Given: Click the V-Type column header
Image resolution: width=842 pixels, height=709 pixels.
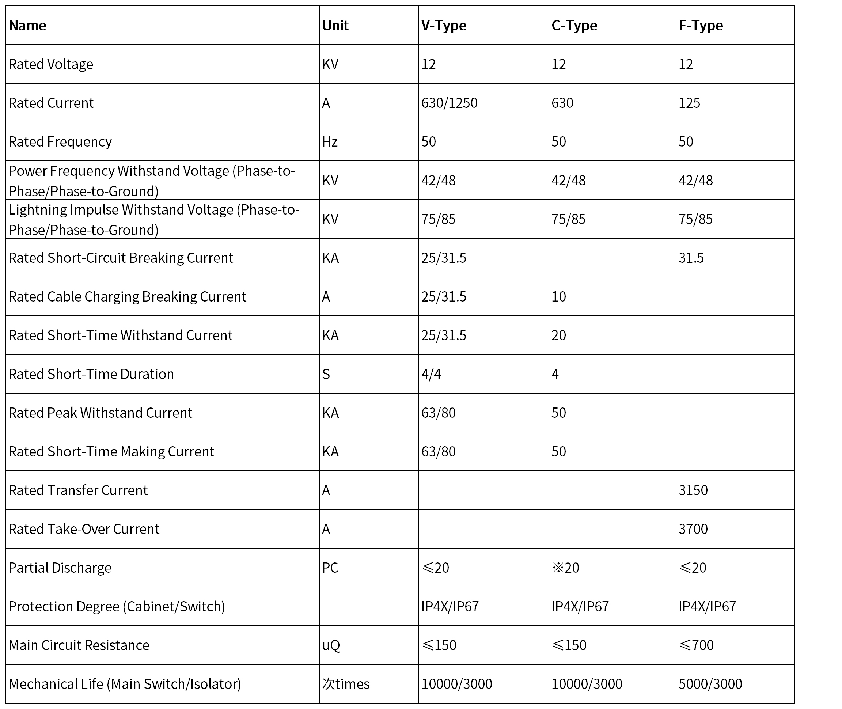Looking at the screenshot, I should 444,25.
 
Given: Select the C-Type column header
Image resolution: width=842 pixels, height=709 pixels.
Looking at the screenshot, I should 574,25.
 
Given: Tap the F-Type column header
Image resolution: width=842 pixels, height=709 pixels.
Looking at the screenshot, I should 701,25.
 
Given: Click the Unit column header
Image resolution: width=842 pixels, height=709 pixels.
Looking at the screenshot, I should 335,25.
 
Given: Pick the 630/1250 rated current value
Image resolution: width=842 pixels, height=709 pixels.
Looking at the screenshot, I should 450,103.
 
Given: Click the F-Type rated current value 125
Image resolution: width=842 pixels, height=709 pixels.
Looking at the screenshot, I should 689,103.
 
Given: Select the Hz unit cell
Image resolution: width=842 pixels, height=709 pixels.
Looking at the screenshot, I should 330,141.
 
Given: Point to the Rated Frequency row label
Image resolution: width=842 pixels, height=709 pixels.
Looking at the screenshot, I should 60,141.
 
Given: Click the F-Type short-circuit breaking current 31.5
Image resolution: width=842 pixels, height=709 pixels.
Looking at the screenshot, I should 691,258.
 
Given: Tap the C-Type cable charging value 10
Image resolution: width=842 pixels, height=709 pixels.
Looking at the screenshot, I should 559,297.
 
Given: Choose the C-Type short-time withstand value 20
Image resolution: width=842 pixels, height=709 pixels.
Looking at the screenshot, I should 559,335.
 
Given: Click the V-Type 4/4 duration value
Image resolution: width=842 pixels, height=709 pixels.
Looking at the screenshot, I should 431,374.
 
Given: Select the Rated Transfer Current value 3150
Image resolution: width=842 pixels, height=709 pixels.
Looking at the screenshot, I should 693,490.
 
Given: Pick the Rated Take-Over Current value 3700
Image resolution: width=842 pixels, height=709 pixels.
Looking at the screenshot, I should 693,529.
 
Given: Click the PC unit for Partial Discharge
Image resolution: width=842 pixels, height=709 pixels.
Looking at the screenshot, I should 330,568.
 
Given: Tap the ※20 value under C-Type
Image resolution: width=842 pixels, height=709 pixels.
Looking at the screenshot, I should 565,568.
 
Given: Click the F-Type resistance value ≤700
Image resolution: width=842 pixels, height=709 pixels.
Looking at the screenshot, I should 697,645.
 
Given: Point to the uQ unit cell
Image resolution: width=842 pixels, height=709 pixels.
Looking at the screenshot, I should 331,645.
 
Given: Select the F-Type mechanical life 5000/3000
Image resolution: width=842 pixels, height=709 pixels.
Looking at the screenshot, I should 710,684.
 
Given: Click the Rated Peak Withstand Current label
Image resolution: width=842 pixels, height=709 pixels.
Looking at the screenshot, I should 100,413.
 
